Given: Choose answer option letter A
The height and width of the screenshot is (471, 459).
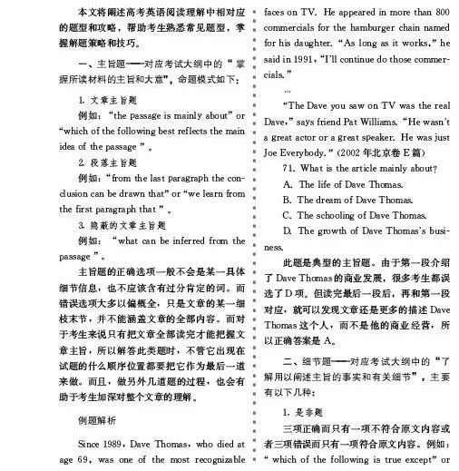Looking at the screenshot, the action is coord(288,183).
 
